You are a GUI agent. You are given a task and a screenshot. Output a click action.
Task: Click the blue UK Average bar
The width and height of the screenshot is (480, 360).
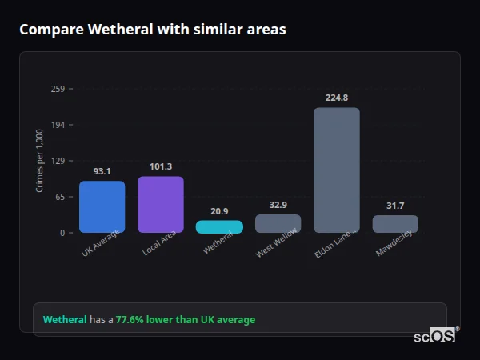click(102, 206)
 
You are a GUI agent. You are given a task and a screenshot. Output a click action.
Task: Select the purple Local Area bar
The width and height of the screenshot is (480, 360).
click(161, 204)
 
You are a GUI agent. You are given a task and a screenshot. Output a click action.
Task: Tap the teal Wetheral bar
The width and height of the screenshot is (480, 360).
click(219, 226)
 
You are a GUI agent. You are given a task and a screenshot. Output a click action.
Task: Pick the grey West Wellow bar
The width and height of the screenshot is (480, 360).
click(278, 223)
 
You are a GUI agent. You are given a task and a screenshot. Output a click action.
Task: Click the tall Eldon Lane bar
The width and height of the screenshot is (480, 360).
click(337, 170)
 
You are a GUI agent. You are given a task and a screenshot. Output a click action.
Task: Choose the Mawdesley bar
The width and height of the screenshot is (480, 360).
click(395, 224)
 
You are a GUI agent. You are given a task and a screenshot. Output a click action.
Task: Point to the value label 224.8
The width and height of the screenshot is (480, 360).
click(337, 98)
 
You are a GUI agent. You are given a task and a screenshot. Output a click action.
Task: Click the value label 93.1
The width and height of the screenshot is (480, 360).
click(102, 171)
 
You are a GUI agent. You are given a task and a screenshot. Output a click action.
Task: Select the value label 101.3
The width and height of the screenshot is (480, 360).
click(161, 166)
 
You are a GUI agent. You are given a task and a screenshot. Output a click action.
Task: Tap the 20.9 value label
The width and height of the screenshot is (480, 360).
click(219, 211)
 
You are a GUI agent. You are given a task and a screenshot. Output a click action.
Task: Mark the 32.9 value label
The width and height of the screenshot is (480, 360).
click(278, 205)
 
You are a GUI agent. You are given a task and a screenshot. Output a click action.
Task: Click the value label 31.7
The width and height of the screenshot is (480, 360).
click(395, 206)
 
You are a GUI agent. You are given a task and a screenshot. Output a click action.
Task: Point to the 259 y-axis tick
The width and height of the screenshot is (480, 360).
click(58, 89)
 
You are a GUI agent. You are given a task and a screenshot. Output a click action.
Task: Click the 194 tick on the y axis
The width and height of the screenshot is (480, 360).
click(58, 125)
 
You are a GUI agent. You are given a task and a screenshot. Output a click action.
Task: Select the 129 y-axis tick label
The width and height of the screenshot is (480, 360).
click(58, 161)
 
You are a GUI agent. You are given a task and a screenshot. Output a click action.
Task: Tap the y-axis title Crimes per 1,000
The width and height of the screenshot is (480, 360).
click(40, 161)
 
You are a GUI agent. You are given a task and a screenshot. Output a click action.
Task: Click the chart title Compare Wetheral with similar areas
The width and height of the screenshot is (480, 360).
click(153, 30)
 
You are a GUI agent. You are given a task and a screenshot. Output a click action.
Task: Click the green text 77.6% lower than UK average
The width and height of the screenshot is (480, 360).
click(186, 320)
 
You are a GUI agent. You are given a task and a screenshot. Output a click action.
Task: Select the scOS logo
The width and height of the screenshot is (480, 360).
click(435, 337)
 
